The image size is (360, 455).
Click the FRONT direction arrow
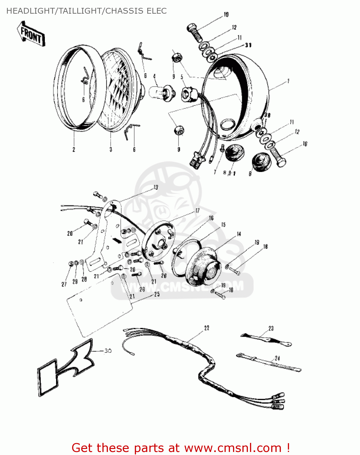(x=31, y=34)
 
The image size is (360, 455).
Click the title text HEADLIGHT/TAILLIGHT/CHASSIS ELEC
(x=86, y=11)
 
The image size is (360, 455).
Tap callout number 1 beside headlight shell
(x=288, y=81)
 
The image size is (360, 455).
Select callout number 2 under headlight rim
(x=74, y=149)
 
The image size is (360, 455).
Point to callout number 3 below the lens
(x=111, y=149)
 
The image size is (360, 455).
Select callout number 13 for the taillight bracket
(x=155, y=187)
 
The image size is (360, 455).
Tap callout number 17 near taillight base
(x=197, y=211)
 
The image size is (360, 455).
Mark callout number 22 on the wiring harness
(x=206, y=328)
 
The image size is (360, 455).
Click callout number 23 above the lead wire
(x=271, y=328)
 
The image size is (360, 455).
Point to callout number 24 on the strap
(x=277, y=358)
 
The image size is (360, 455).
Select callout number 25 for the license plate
(x=157, y=294)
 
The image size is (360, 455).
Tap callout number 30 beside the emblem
(x=108, y=351)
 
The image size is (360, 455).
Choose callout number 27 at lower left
(x=64, y=284)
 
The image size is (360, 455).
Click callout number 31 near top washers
(x=248, y=45)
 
